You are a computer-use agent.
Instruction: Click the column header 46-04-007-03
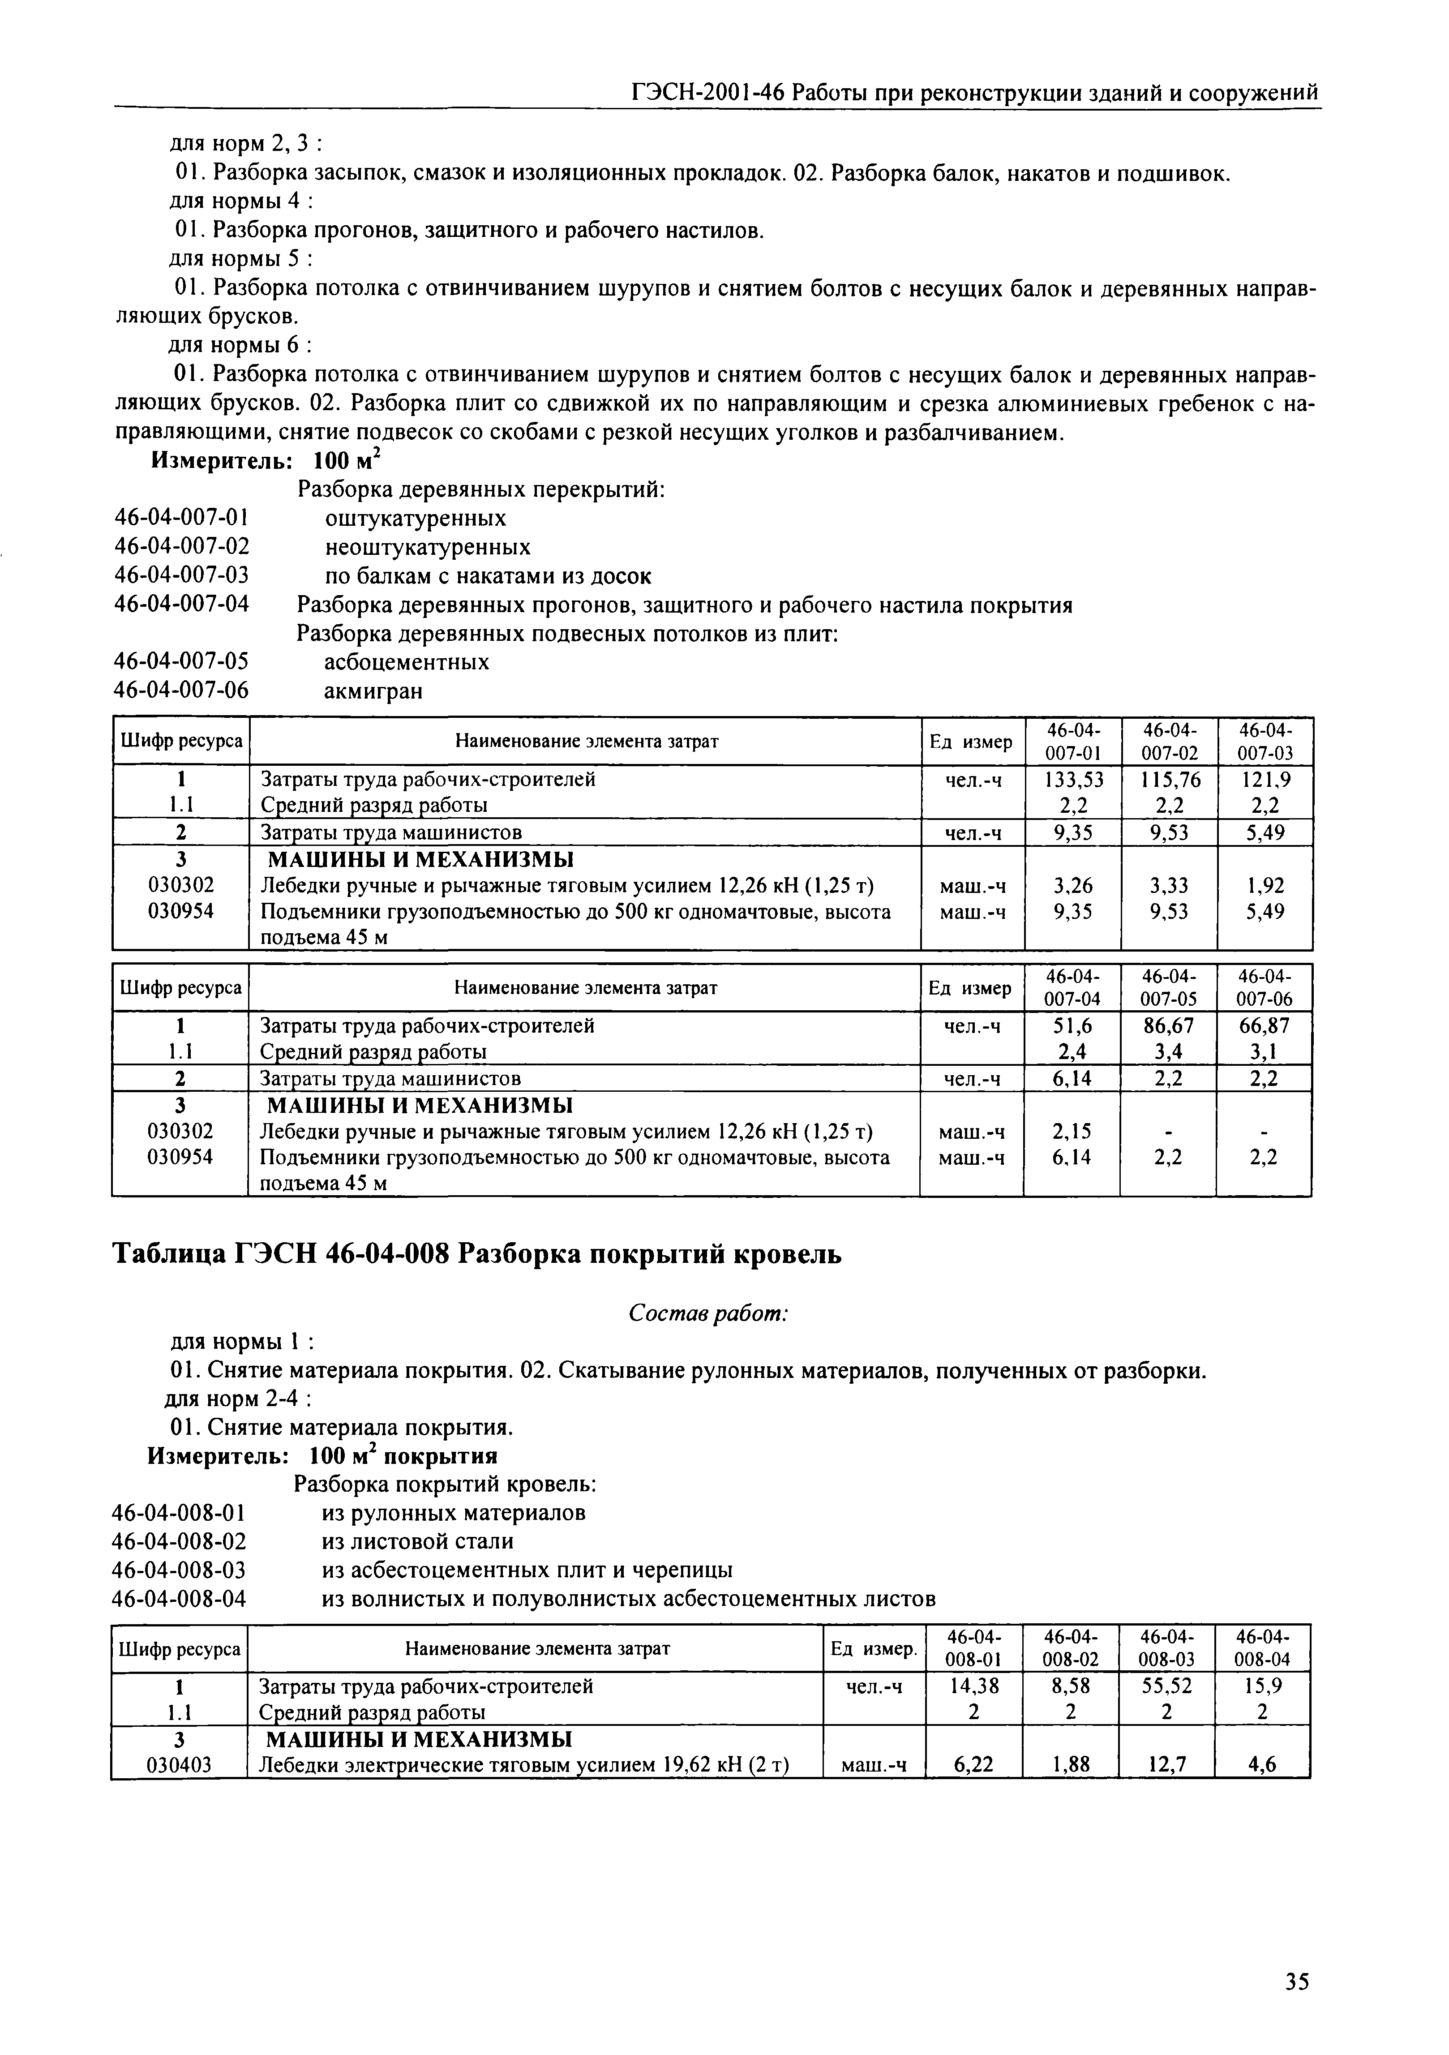1265,741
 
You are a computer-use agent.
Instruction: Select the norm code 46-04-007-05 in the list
182,661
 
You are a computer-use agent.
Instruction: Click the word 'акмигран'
372,691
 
